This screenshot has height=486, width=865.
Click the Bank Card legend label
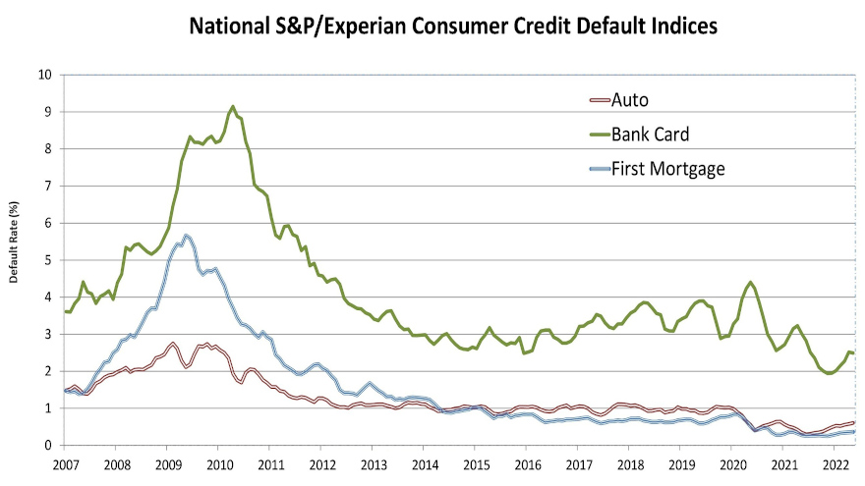tap(656, 134)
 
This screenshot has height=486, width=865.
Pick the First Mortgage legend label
tap(668, 169)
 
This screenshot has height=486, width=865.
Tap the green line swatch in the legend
tap(598, 135)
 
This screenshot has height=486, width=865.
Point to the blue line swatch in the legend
tap(598, 170)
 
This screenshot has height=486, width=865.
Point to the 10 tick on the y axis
tap(45, 75)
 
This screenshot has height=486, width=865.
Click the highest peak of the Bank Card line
tap(233, 106)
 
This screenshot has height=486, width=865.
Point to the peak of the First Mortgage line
tap(186, 236)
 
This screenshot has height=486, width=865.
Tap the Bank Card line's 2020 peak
tap(750, 283)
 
